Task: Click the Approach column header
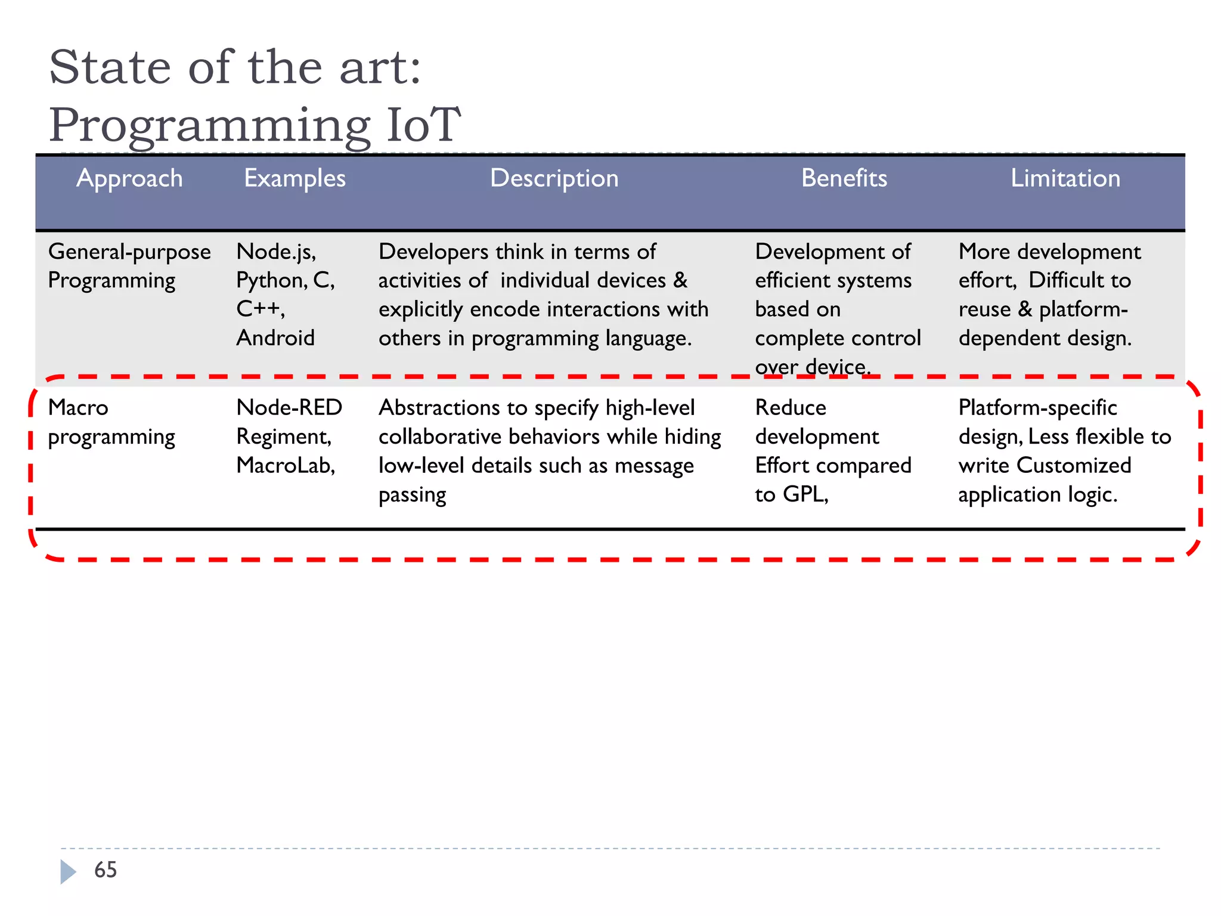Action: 129,178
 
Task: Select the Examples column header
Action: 295,178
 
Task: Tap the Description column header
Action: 554,178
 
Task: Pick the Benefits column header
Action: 844,178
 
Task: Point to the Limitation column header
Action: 1065,178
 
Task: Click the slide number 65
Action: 106,869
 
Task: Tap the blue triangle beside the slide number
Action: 68,871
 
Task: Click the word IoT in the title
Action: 424,125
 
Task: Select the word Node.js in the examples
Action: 275,252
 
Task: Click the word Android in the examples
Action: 275,338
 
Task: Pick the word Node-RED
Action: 289,408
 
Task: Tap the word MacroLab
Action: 285,465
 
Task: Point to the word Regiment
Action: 283,437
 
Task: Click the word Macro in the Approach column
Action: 78,408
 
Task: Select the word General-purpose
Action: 129,252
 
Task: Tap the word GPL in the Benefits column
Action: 805,494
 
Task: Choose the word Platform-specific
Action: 1037,408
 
